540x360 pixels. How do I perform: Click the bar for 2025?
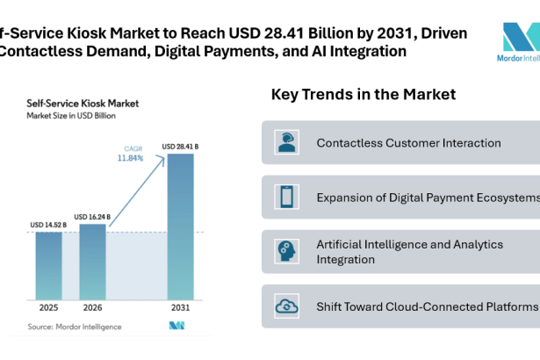pyautogui.click(x=48, y=266)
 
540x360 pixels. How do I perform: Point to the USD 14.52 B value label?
pyautogui.click(x=48, y=226)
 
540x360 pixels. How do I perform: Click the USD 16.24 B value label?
pyautogui.click(x=92, y=217)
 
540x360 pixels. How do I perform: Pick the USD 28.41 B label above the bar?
pyautogui.click(x=180, y=146)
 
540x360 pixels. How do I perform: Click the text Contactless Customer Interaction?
pyautogui.click(x=408, y=142)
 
